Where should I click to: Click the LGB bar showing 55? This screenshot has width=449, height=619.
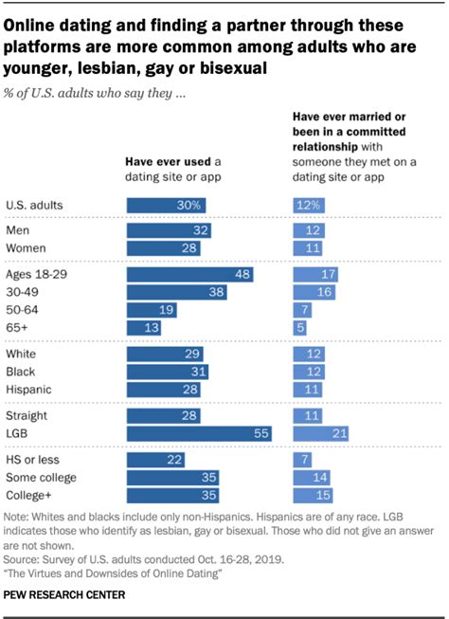(x=199, y=433)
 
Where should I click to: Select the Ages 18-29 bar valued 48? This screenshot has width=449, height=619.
(x=189, y=274)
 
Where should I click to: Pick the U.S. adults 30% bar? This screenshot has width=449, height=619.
(x=166, y=205)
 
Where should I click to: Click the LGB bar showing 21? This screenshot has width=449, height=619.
(x=319, y=433)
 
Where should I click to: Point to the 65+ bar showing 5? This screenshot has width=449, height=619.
(x=299, y=328)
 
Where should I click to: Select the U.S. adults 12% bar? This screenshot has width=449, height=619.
(x=308, y=205)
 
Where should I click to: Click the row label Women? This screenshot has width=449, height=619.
(x=27, y=248)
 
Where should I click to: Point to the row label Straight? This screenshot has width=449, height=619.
(x=29, y=415)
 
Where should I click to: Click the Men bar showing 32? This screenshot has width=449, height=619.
(x=169, y=230)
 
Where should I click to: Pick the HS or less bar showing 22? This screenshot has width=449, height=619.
(x=155, y=459)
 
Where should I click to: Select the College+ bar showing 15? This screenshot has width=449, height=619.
(x=312, y=495)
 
